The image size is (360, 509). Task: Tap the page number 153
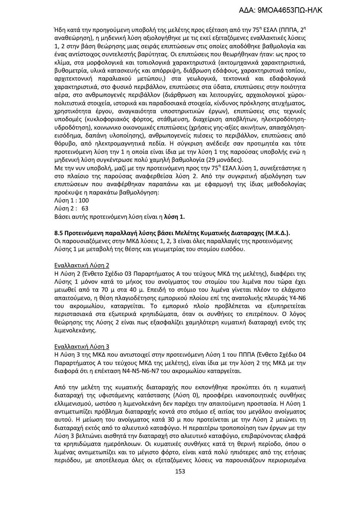pyautogui.click(x=180, y=471)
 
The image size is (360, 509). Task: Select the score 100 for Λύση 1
pyautogui.click(x=83, y=200)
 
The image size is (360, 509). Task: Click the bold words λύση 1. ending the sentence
pyautogui.click(x=175, y=217)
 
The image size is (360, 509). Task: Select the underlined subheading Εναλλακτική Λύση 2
pyautogui.click(x=81, y=265)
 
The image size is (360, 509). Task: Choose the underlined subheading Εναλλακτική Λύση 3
pyautogui.click(x=81, y=346)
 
